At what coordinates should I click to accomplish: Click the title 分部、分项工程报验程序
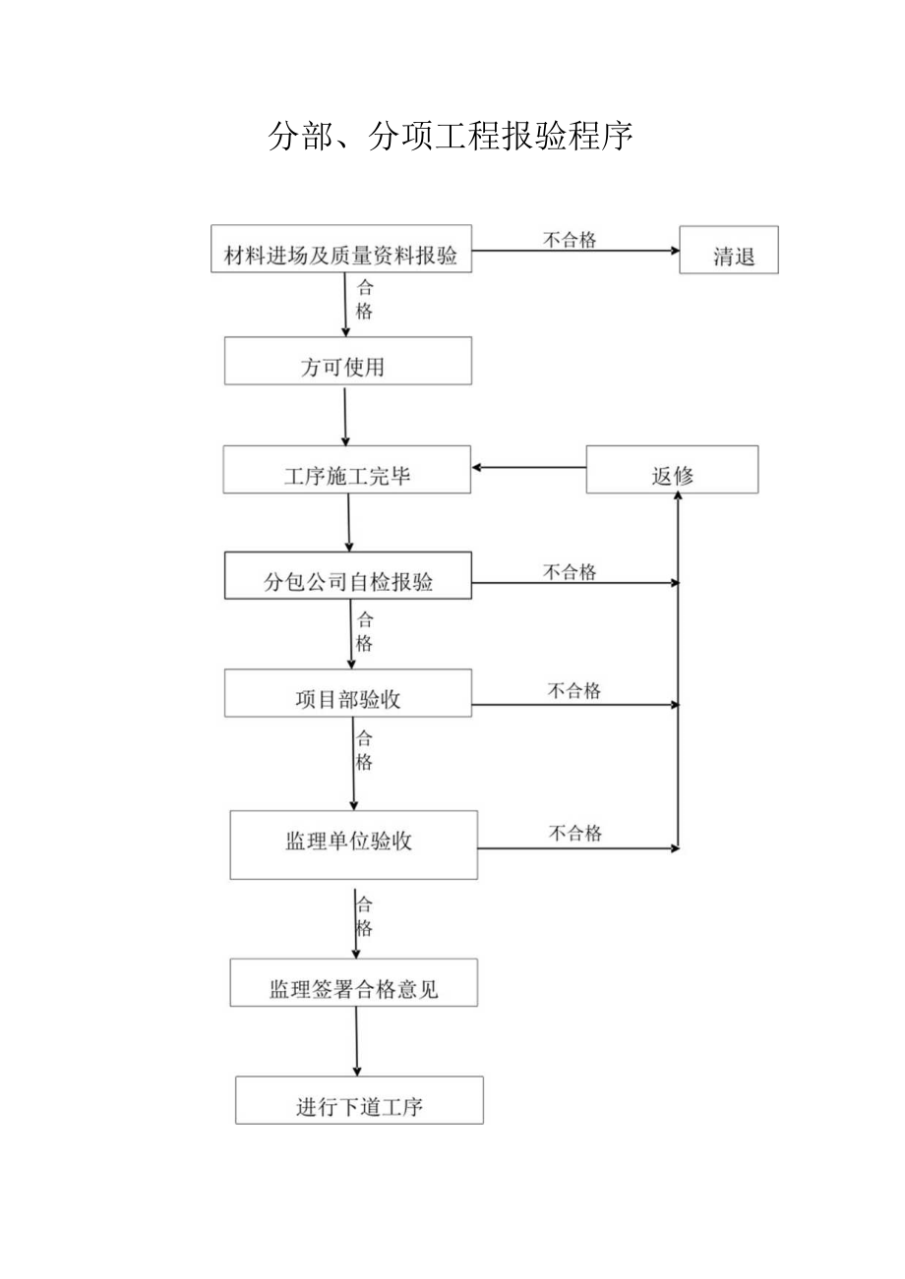coord(451,137)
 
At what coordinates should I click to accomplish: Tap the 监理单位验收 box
coord(353,844)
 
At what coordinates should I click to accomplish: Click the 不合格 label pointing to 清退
coord(571,239)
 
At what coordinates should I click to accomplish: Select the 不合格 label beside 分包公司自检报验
coord(571,572)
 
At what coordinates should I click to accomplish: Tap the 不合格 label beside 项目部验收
coord(574,691)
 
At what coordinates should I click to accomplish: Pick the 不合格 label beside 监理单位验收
coord(575,834)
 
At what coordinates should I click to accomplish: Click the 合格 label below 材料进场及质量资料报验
coord(364,300)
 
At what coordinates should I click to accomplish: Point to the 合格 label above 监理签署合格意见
coord(364,916)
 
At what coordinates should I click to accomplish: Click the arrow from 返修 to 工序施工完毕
coord(528,467)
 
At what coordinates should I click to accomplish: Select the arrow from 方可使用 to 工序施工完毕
coord(345,416)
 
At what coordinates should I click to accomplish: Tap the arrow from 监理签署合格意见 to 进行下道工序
coord(356,1041)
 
